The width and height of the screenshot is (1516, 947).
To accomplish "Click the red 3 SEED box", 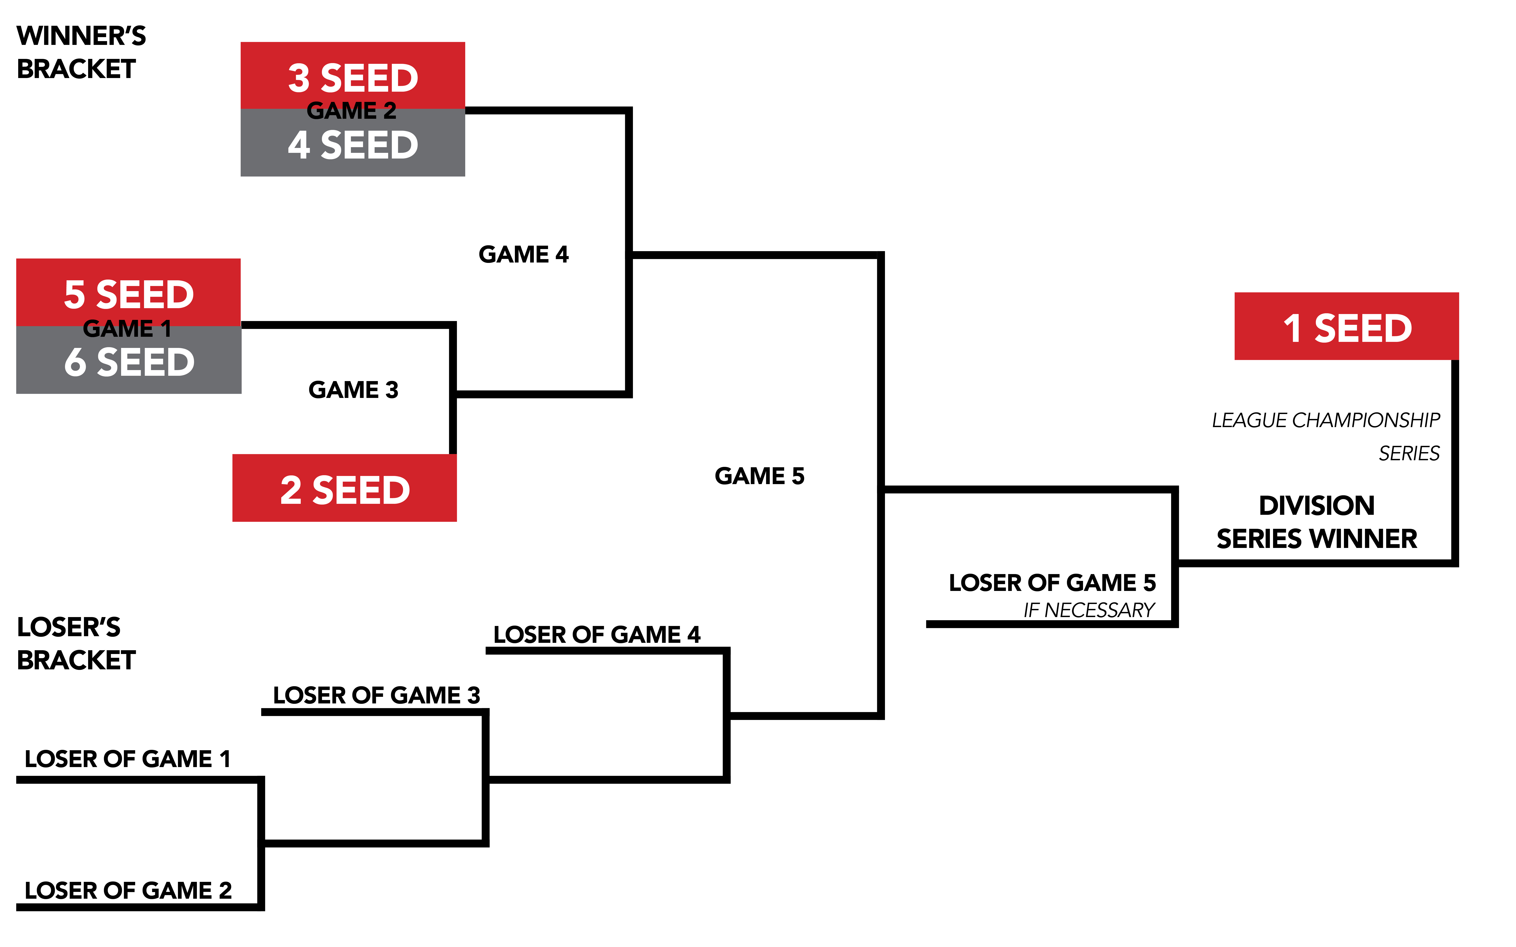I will point(353,75).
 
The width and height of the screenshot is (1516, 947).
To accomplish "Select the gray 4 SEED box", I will point(353,145).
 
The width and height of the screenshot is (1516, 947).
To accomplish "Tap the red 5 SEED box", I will point(128,292).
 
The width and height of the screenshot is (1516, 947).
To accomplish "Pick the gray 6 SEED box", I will point(128,363).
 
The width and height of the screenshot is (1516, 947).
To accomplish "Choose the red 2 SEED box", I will point(345,488).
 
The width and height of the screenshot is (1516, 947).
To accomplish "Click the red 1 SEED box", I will point(1346,327).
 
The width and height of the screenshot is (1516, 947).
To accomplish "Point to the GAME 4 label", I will point(523,254).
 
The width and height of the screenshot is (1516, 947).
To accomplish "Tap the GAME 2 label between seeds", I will point(352,111).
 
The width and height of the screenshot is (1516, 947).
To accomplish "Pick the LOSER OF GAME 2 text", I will point(128,890).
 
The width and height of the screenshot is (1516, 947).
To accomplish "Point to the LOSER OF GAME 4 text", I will point(596,634).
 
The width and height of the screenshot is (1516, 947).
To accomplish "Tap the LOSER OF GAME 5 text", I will point(1052,582).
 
